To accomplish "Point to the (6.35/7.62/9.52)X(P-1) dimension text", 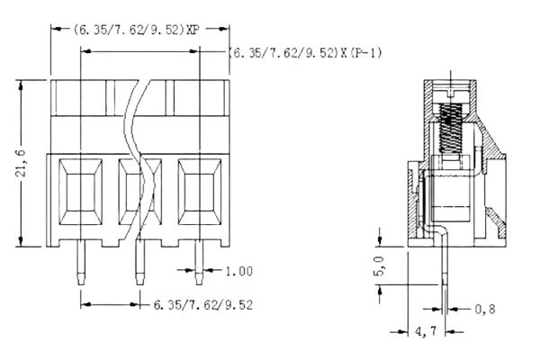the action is coord(307,53).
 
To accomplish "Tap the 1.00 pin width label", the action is coord(239,270).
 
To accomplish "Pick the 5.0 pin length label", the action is coord(379,268).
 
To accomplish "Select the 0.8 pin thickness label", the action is coord(485,310).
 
